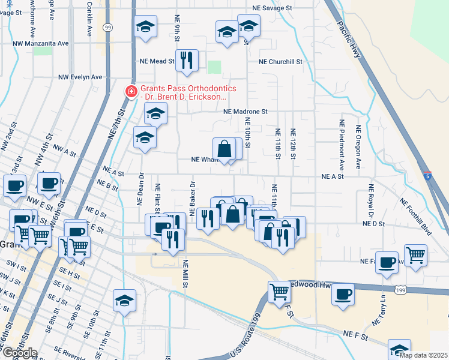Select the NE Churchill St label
(x=280, y=62)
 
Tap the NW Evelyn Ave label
(x=80, y=77)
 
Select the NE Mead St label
(x=157, y=61)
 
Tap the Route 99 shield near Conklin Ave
(x=107, y=28)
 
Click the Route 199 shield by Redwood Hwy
(x=400, y=290)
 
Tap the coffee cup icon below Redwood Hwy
(x=343, y=295)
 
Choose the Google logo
(x=20, y=352)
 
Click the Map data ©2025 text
(x=423, y=355)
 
